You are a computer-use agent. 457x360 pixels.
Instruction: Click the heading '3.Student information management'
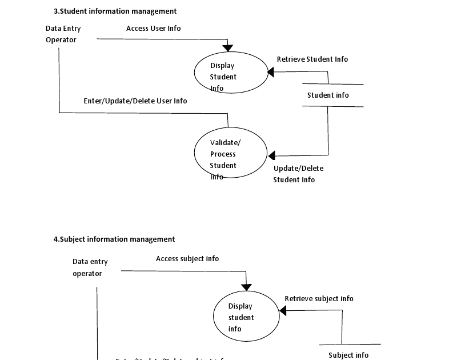[x=115, y=11]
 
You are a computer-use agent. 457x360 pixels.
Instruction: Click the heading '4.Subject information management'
[x=114, y=239]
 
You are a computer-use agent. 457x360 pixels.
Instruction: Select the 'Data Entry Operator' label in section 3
[x=63, y=34]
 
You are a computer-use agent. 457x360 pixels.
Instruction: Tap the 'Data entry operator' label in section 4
[x=90, y=267]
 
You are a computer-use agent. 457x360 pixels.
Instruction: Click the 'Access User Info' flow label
[x=153, y=29]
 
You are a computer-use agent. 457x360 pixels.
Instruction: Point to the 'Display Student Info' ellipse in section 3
[x=231, y=72]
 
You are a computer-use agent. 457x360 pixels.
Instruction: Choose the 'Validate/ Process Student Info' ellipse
[x=231, y=154]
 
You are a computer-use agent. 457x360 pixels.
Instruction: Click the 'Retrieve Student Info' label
[x=312, y=59]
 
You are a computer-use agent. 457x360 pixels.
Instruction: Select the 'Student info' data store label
[x=328, y=95]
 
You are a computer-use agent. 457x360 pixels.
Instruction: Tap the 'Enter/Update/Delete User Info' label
[x=135, y=101]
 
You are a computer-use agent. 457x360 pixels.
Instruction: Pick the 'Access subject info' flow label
[x=187, y=259]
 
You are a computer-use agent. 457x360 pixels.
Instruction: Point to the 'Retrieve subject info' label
[x=319, y=299]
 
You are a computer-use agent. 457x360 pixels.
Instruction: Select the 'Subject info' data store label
[x=348, y=355]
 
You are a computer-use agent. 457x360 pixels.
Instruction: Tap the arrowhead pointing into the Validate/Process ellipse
[x=271, y=155]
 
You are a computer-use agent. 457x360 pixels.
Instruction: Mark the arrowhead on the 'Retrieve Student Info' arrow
[x=271, y=72]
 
